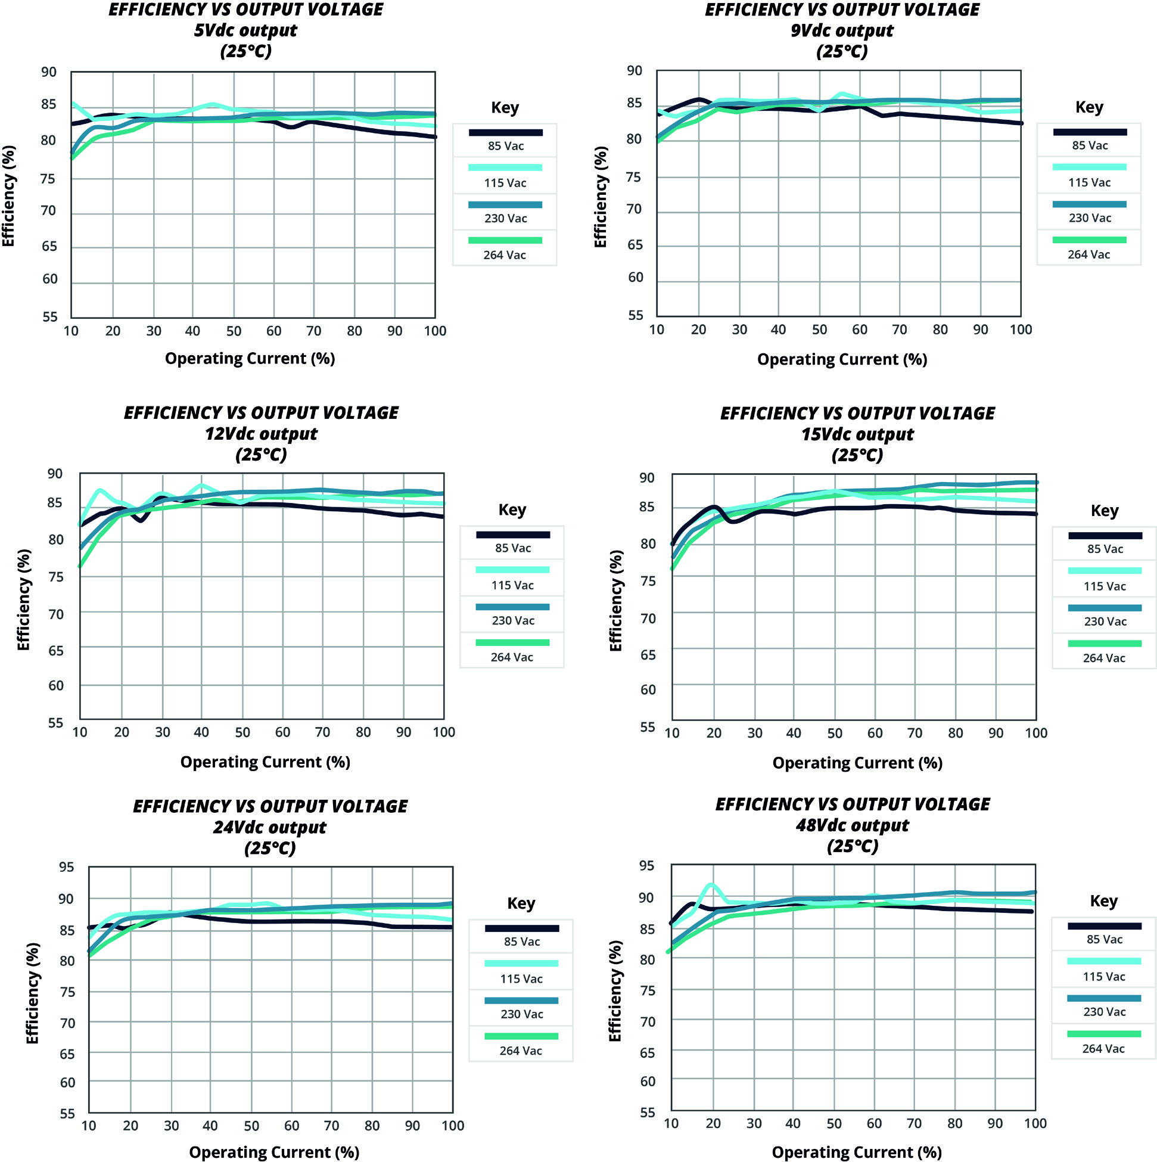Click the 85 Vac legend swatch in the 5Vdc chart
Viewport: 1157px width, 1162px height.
[506, 132]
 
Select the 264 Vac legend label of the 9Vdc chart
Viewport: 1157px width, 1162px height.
[1088, 254]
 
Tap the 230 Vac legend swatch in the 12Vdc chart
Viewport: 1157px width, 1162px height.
[512, 607]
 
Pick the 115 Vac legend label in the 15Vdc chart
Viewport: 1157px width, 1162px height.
[1105, 586]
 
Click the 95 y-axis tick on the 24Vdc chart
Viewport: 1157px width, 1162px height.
[67, 866]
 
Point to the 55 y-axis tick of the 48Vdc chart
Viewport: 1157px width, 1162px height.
[648, 1112]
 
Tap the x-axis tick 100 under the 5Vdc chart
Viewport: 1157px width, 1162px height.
[435, 331]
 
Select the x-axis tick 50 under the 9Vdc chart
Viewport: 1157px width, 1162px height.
[819, 330]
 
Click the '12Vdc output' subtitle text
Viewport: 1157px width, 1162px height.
[261, 434]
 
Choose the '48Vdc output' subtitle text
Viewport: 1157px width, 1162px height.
[852, 825]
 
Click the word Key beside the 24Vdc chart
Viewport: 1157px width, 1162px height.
[521, 903]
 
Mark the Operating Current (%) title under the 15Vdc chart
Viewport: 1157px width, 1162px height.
[857, 763]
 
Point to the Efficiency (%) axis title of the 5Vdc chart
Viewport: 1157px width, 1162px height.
[8, 196]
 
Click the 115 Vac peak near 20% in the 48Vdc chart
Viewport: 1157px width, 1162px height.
[711, 885]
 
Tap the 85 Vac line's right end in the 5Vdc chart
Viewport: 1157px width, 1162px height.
[434, 137]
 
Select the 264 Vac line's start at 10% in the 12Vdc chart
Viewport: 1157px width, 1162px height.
[80, 566]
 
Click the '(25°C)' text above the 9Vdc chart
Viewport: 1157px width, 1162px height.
[842, 51]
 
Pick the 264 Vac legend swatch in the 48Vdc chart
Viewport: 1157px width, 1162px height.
[1103, 1034]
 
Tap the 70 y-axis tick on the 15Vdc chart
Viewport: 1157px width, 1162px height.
[648, 618]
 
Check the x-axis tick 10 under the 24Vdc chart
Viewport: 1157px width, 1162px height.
[88, 1125]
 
